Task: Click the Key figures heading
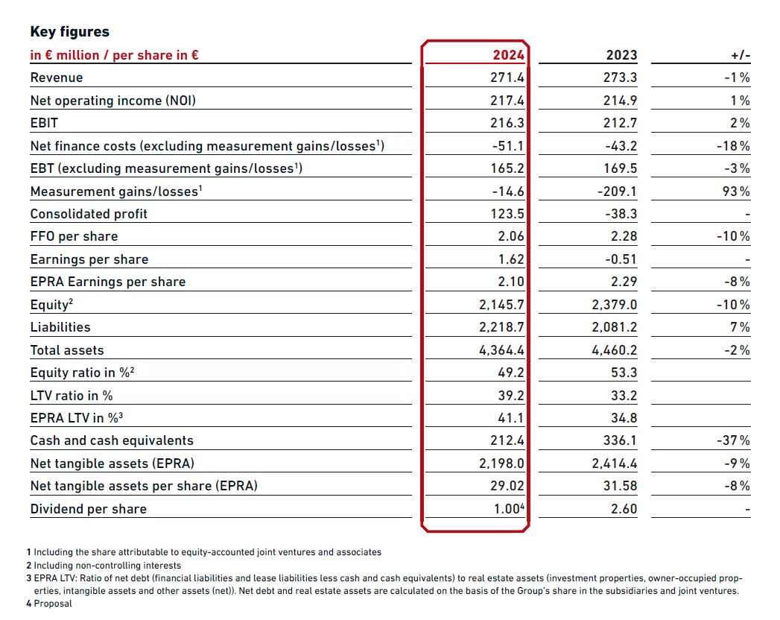[x=69, y=32]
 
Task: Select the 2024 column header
[x=508, y=54]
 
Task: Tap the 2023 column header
[x=621, y=54]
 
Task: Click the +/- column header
[x=741, y=55]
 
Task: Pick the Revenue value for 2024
[x=507, y=77]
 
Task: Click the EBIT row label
[x=44, y=123]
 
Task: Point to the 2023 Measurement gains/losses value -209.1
[x=617, y=191]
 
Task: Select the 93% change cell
[x=736, y=191]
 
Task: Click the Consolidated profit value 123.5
[x=507, y=213]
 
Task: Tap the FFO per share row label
[x=74, y=236]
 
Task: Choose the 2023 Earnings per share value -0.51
[x=621, y=259]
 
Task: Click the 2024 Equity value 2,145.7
[x=501, y=305]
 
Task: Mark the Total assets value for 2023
[x=615, y=349]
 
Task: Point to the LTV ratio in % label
[x=72, y=396]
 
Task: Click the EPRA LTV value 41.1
[x=511, y=418]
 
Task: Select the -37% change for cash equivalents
[x=733, y=440]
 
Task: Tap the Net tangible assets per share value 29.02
[x=507, y=486]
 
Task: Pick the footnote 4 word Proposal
[x=53, y=604]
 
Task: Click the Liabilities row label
[x=60, y=327]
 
